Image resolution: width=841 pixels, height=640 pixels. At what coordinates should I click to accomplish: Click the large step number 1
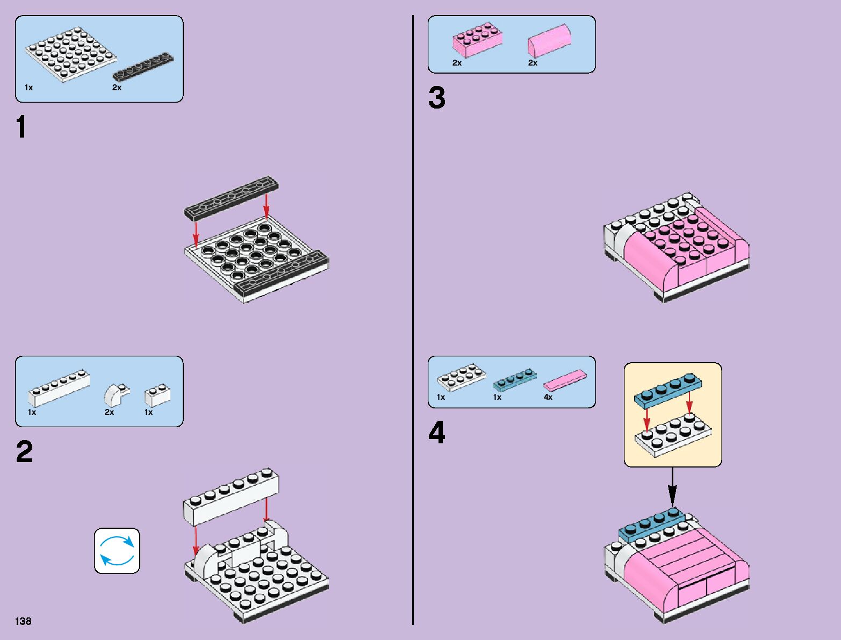click(x=21, y=128)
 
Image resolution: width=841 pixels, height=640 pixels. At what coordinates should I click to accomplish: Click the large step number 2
click(x=24, y=452)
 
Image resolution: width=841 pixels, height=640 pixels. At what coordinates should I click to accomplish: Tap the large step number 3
click(x=436, y=98)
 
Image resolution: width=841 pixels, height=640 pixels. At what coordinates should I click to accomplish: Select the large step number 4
click(x=436, y=433)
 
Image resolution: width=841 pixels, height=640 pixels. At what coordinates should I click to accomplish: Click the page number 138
click(x=24, y=621)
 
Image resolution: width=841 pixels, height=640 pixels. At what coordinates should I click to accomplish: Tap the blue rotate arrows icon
click(x=117, y=551)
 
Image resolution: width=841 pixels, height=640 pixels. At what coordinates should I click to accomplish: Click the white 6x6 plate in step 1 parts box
click(x=71, y=54)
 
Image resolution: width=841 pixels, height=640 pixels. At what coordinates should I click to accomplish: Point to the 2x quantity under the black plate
click(x=117, y=88)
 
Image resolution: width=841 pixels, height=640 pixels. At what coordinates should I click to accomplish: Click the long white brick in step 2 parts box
click(x=59, y=387)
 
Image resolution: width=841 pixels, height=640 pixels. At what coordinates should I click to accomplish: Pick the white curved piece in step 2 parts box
click(x=116, y=394)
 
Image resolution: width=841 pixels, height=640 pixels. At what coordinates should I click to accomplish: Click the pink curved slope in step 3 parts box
click(x=549, y=40)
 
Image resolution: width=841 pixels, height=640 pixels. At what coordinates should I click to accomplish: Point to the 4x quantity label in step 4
click(x=548, y=397)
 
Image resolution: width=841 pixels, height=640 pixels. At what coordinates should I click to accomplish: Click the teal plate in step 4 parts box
click(x=514, y=379)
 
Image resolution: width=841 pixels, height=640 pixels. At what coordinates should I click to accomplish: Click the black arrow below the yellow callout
click(x=672, y=486)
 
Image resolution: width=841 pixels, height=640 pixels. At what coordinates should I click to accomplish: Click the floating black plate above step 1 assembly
click(x=232, y=197)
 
